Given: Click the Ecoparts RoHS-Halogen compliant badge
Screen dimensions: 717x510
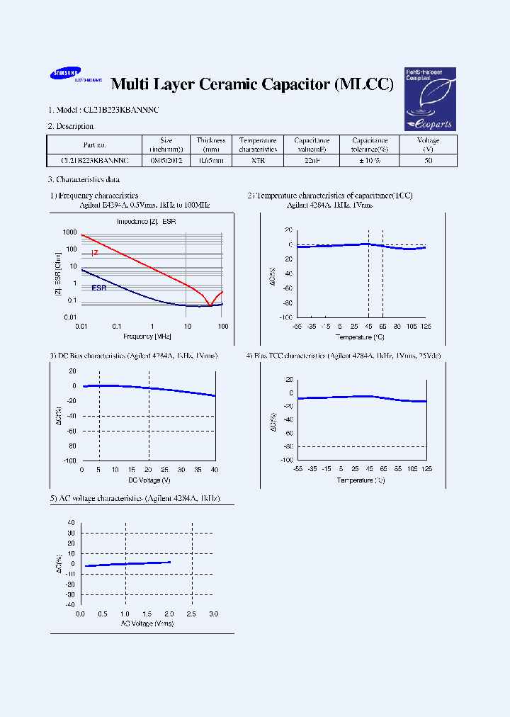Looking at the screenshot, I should pyautogui.click(x=429, y=99).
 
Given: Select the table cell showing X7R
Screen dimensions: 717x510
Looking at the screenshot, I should pyautogui.click(x=257, y=161).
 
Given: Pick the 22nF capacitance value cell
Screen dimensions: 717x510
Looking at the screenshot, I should pyautogui.click(x=312, y=161).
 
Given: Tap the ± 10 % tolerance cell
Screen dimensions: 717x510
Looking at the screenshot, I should pyautogui.click(x=369, y=161).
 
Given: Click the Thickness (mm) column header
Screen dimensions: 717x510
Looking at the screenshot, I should pyautogui.click(x=210, y=145).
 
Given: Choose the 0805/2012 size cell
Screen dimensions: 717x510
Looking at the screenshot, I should pyautogui.click(x=166, y=161).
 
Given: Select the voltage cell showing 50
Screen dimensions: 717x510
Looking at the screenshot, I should pyautogui.click(x=428, y=161).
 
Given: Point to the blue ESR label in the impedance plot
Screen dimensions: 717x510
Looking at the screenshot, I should pyautogui.click(x=98, y=288).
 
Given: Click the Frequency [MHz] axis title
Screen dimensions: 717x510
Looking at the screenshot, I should pyautogui.click(x=147, y=335).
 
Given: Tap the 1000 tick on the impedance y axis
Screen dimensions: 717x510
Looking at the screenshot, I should pyautogui.click(x=69, y=232).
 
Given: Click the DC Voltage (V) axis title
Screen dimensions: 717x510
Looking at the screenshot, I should pyautogui.click(x=148, y=480).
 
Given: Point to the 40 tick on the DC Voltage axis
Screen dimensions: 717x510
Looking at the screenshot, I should pyautogui.click(x=214, y=470).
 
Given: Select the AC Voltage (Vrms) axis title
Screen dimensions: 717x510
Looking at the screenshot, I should pyautogui.click(x=147, y=623).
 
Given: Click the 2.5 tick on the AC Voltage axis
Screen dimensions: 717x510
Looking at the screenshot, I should pyautogui.click(x=191, y=614).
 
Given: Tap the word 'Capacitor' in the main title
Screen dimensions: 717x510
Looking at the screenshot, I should pyautogui.click(x=285, y=84).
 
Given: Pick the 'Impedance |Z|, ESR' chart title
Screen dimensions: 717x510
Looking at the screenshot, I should pyautogui.click(x=147, y=222).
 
